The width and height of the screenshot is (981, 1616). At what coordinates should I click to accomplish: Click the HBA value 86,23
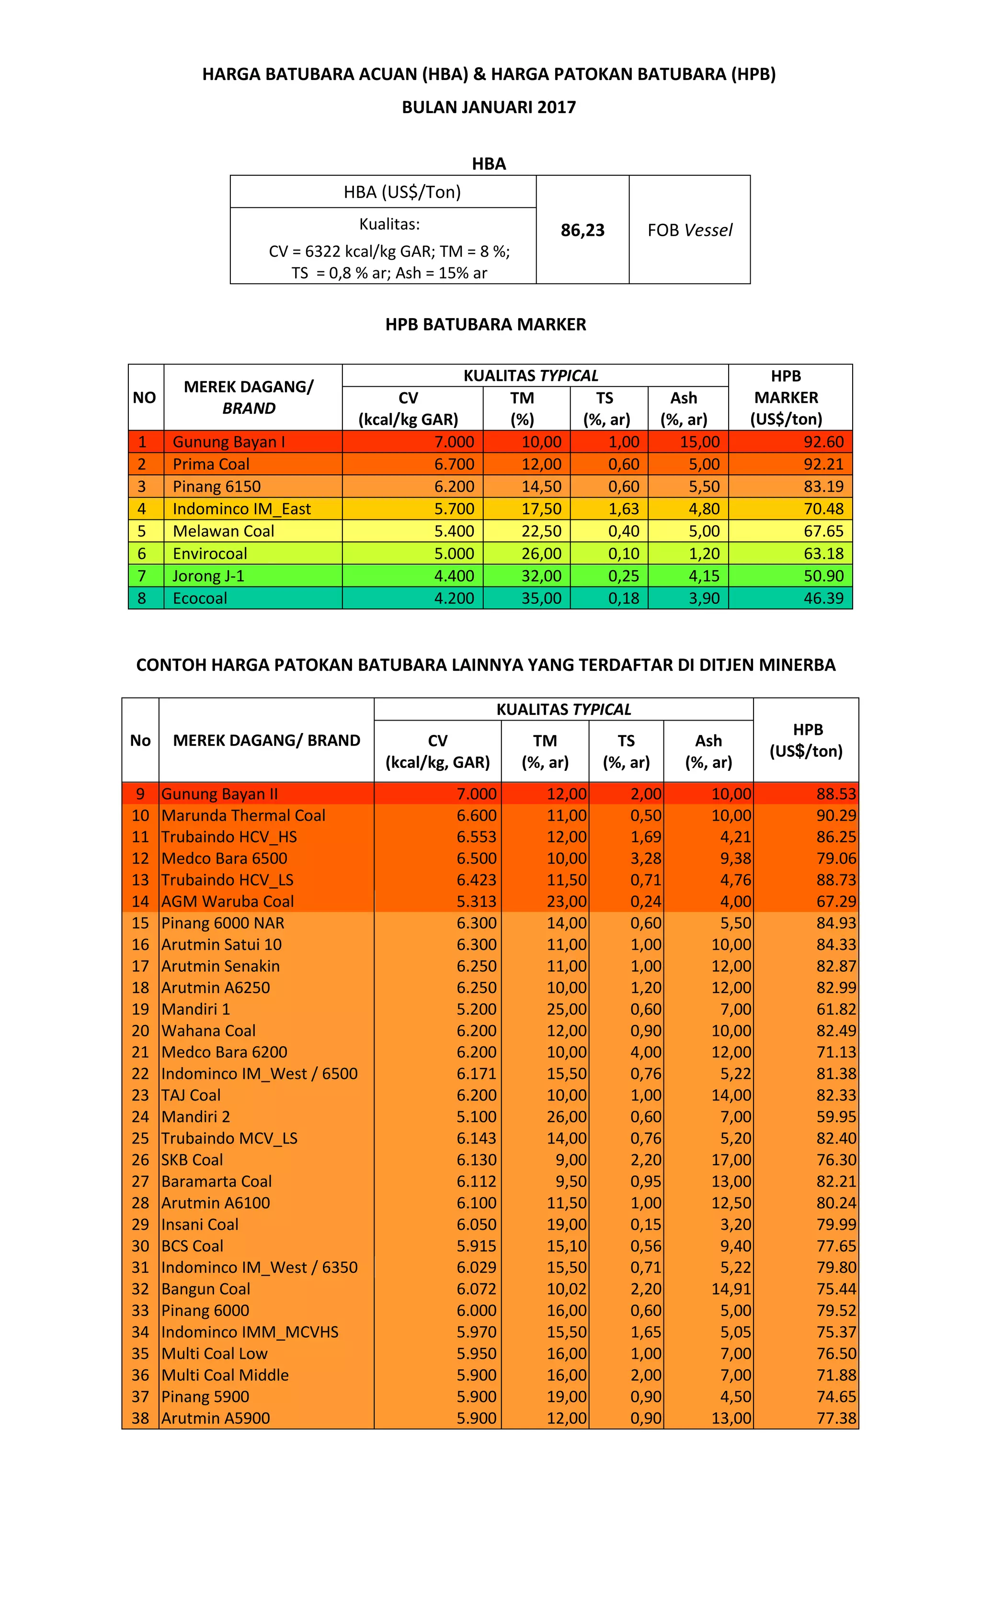point(582,230)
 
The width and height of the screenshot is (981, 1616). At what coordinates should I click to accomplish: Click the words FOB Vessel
point(689,230)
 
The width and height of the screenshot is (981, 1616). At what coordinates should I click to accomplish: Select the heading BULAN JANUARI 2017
point(489,108)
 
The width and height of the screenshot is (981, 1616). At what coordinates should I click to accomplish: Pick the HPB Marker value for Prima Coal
point(823,464)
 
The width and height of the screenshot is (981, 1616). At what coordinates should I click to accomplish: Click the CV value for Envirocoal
point(454,553)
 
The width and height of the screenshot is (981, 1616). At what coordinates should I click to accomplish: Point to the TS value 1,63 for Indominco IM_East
point(623,509)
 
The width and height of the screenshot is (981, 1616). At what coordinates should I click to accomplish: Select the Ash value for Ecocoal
point(704,598)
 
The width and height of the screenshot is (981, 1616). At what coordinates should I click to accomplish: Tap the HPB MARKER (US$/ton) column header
point(786,398)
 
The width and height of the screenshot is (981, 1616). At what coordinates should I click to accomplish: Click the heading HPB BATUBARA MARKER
point(485,325)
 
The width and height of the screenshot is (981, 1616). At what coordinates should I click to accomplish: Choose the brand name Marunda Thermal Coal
point(243,815)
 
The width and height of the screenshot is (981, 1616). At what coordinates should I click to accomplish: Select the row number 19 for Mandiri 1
point(140,1009)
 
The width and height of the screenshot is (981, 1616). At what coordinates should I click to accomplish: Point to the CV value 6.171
point(476,1074)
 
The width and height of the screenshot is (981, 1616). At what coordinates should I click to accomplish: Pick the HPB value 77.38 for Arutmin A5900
point(835,1418)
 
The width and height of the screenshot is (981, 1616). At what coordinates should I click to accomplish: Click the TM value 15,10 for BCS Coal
point(567,1246)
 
